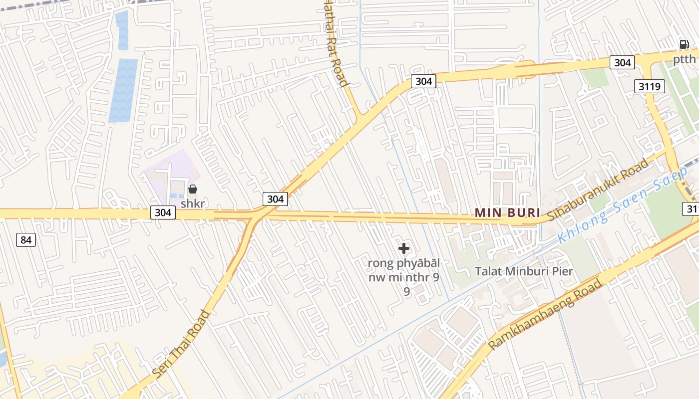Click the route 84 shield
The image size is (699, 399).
point(26,240)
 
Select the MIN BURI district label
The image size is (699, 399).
point(507,212)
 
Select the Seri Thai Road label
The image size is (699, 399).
point(181,344)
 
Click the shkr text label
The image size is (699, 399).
point(193,203)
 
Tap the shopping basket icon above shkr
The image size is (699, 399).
point(193,189)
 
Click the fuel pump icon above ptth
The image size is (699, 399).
point(684,44)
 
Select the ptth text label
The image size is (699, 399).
point(684,60)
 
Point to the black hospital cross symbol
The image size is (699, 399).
point(404,248)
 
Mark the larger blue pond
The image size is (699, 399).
point(123,90)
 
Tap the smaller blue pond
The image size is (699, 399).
point(122,30)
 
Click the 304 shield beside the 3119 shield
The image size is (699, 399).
point(622,62)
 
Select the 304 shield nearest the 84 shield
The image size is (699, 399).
point(163,212)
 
